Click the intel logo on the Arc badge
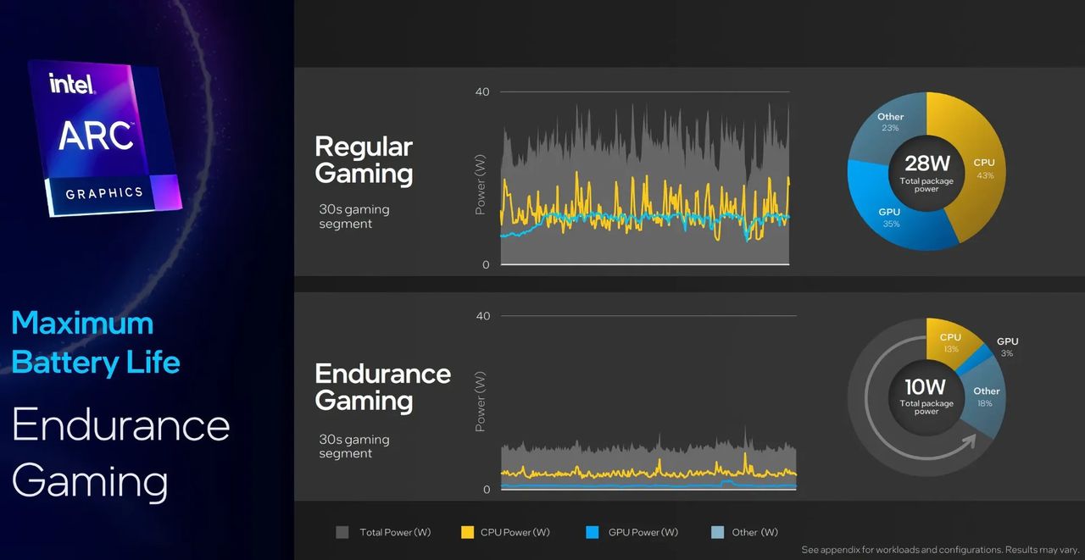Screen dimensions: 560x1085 (x=72, y=83)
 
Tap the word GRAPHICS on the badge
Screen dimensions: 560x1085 (x=104, y=193)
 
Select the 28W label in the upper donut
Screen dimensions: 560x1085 (x=926, y=164)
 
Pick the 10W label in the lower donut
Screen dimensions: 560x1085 (x=926, y=389)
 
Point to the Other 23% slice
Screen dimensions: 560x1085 (x=882, y=127)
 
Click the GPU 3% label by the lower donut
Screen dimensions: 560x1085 (x=1007, y=347)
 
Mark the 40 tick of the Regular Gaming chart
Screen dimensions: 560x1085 (x=482, y=91)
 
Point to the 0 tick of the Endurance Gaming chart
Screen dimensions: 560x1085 (x=486, y=490)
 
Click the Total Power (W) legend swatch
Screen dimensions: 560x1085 (x=342, y=532)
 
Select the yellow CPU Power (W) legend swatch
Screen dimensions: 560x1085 (x=467, y=532)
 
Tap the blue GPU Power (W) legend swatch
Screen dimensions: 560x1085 (x=593, y=532)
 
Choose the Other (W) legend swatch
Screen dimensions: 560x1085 (x=717, y=532)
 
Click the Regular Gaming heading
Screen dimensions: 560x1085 (x=364, y=160)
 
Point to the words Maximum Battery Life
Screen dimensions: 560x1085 (x=95, y=342)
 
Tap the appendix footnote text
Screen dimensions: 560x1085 (x=938, y=550)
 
